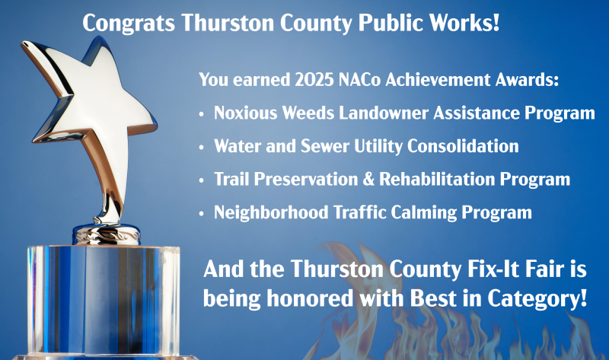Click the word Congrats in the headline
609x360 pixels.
click(129, 24)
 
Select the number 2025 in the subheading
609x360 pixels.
click(314, 80)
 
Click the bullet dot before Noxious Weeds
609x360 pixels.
click(201, 114)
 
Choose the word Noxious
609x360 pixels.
click(245, 113)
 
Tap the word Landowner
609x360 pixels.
click(384, 113)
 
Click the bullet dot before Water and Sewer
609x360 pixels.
click(201, 148)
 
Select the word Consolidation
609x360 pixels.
click(463, 146)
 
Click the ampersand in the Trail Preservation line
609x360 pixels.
click(368, 180)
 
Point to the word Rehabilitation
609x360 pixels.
click(437, 180)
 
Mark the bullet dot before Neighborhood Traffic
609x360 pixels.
click(201, 214)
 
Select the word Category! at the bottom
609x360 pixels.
click(537, 299)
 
